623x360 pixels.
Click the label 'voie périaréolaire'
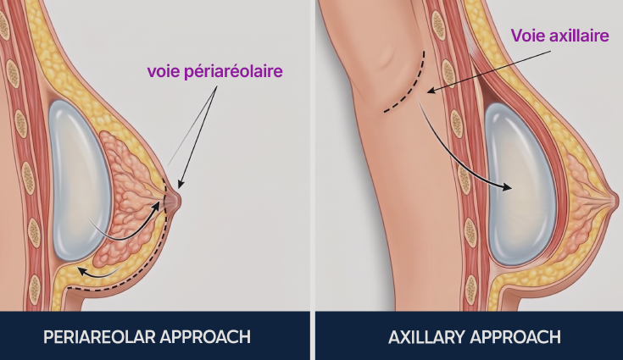(215, 72)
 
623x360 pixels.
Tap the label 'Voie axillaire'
(559, 36)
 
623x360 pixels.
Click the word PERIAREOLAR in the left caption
(99, 337)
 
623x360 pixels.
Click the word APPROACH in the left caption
(205, 337)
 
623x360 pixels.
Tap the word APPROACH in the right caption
(515, 337)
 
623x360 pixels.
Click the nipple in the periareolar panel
(175, 200)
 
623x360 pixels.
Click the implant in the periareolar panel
(79, 180)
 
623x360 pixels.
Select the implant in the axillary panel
(520, 184)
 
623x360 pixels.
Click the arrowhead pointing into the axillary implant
(507, 187)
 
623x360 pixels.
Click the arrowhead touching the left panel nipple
(181, 183)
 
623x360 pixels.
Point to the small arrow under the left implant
(99, 273)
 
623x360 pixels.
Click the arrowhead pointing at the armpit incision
(431, 90)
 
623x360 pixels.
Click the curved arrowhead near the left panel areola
(155, 207)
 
